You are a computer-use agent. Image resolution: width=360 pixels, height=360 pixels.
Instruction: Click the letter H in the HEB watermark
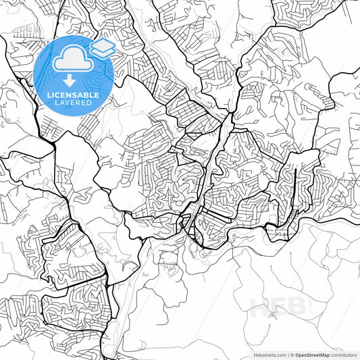tap(261, 309)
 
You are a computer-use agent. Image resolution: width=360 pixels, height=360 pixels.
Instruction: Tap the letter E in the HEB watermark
tap(279, 309)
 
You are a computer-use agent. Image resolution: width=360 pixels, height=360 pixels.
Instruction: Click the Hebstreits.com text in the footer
tap(268, 355)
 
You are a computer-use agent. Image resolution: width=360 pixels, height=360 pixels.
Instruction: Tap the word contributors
tap(344, 355)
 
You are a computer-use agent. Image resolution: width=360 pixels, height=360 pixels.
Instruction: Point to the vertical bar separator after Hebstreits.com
tap(286, 355)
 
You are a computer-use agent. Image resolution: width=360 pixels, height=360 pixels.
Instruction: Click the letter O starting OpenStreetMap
tap(296, 355)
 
